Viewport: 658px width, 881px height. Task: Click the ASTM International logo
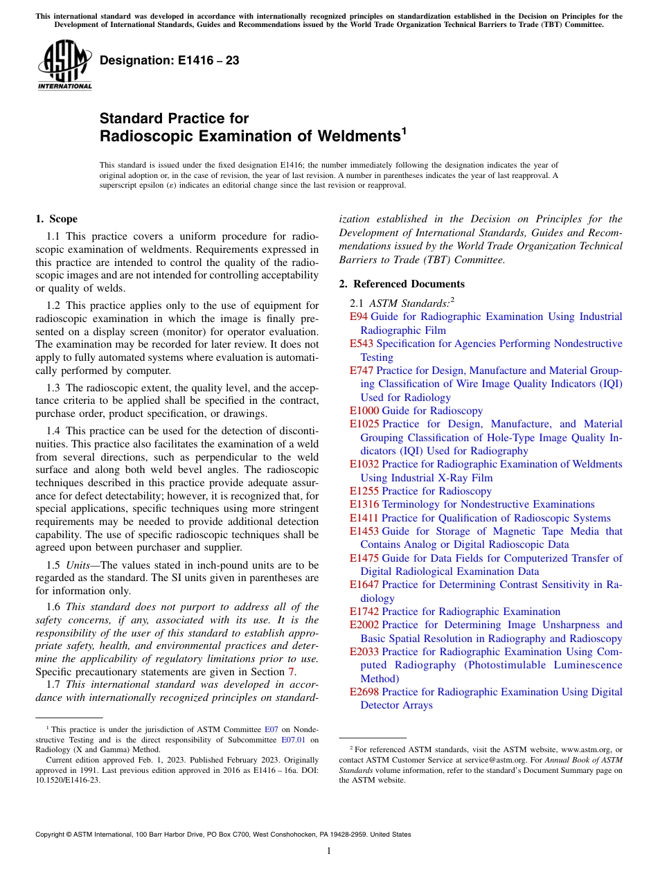tap(64, 65)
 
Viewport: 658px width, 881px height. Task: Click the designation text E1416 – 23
tap(170, 61)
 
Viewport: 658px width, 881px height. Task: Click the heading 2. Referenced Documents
tap(402, 284)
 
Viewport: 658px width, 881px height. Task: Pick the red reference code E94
tap(359, 317)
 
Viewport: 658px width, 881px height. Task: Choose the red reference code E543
tap(362, 344)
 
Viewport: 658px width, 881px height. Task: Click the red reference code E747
tap(362, 371)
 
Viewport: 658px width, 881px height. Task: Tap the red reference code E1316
tap(364, 504)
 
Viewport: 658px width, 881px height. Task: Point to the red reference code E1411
tap(364, 518)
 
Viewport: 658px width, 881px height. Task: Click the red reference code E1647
tap(364, 585)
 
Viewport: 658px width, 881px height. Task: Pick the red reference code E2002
tap(364, 625)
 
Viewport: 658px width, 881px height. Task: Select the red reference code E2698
tap(364, 692)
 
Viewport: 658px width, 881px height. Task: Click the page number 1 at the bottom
tap(329, 851)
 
